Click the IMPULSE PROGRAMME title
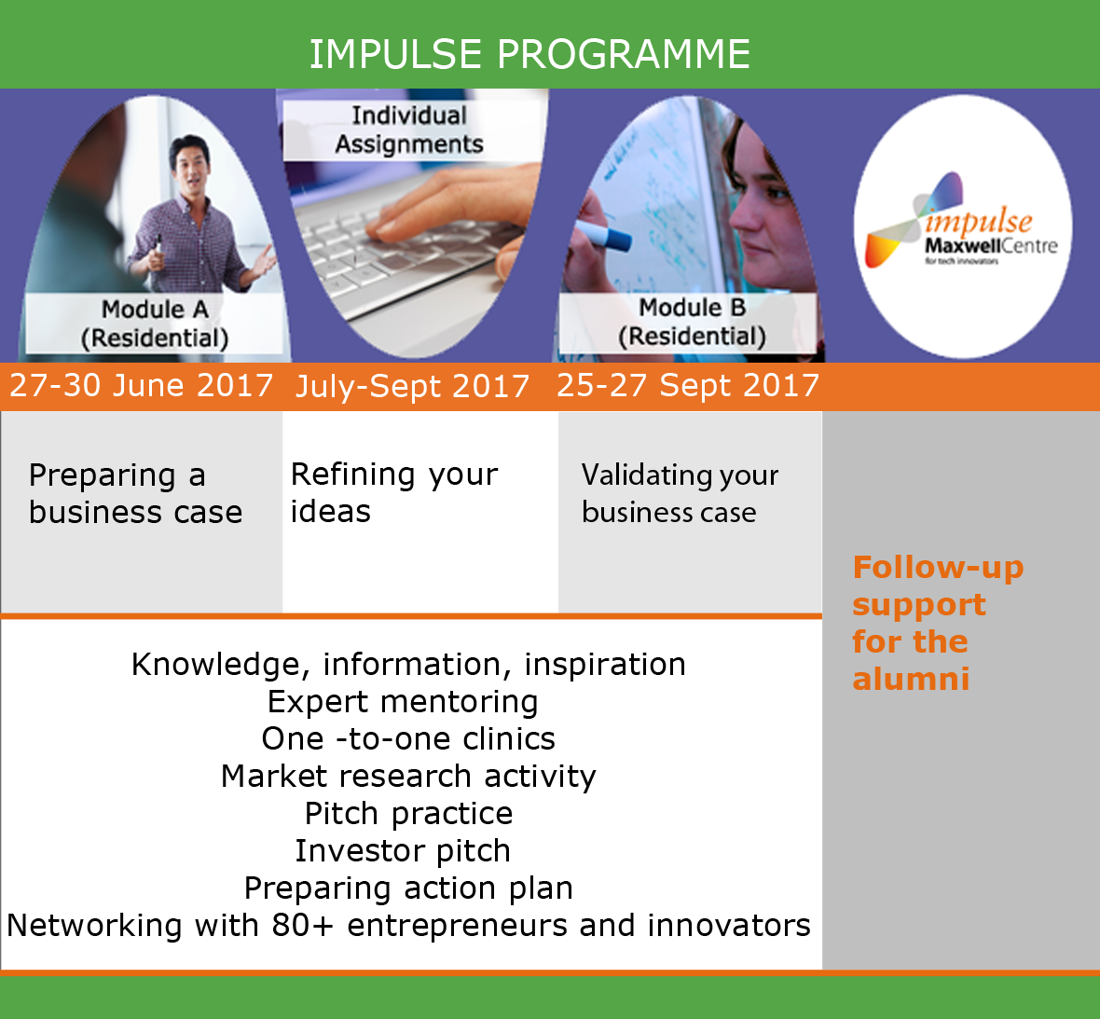coord(529,54)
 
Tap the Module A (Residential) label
coord(155,324)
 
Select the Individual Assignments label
coord(409,130)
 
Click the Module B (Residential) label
coord(692,323)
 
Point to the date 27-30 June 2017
coord(141,385)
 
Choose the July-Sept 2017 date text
coord(412,387)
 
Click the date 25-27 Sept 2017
coord(688,385)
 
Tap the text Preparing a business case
coord(135,494)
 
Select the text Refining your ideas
coord(394,492)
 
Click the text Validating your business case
coord(680,494)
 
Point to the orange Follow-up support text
coord(938,623)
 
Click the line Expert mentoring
coord(403,702)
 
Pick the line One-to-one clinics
coord(408,739)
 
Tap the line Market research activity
coord(408,777)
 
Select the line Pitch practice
coord(409,814)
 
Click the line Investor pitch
coord(403,851)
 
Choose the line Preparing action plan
coord(408,888)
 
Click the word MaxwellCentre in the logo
coord(991,245)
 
